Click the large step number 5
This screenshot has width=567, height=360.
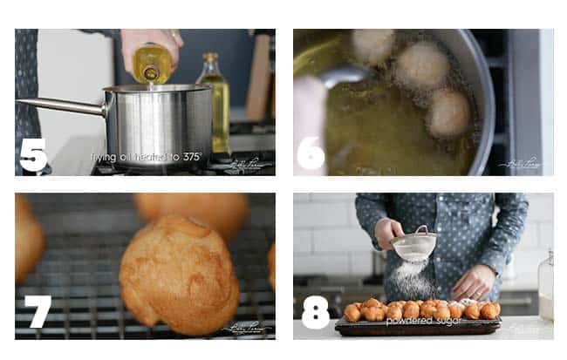[33, 154]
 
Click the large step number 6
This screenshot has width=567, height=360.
[311, 154]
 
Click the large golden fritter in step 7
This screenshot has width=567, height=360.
[179, 274]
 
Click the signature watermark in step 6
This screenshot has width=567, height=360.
[521, 163]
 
